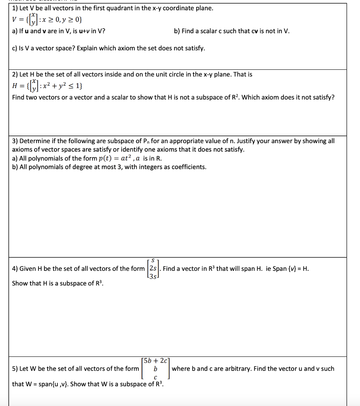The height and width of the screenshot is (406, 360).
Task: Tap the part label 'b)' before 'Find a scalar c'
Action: tap(177, 31)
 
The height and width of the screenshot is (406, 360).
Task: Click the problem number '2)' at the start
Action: tap(15, 74)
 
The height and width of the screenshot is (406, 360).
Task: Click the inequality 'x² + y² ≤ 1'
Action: tap(59, 86)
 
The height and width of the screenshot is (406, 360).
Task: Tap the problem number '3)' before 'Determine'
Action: tap(15, 141)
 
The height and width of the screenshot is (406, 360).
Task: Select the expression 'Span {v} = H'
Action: tap(290, 268)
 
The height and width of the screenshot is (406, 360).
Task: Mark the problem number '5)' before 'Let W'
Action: tap(15, 369)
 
